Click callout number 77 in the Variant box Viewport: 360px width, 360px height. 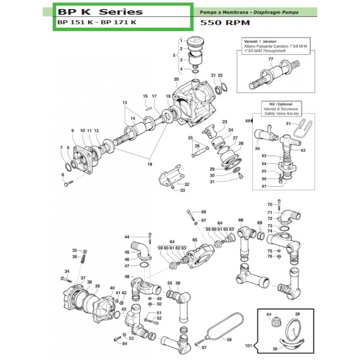coord(270,59)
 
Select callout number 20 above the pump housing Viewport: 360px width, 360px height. coord(177,79)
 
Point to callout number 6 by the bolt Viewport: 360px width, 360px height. coord(63,175)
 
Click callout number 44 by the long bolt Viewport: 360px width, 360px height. coord(127,237)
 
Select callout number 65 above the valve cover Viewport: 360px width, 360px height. coord(195,240)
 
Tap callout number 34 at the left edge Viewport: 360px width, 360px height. coord(67,271)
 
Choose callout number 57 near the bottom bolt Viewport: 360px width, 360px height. coord(204,347)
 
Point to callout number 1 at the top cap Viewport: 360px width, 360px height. coord(180,41)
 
